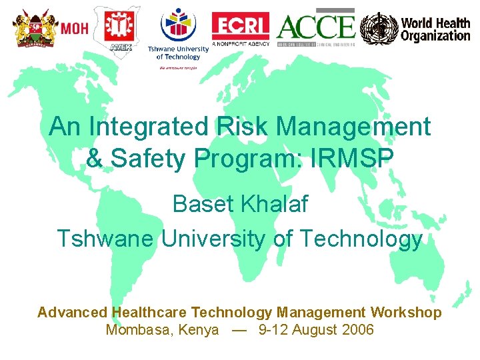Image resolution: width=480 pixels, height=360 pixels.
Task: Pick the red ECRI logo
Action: coord(241,26)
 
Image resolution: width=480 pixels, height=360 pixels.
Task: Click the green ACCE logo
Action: coord(316,27)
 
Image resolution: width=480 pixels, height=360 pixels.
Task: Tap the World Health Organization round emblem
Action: coord(378,29)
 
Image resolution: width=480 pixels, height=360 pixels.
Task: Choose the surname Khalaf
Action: coord(276,204)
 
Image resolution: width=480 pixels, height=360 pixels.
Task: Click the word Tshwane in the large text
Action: coord(106,239)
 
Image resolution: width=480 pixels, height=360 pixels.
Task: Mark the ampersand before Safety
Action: coord(95,159)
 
